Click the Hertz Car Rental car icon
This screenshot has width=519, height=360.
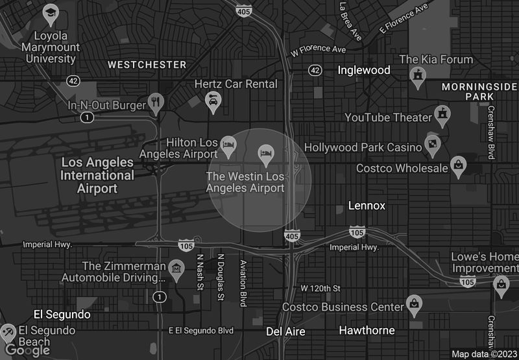pos(213,100)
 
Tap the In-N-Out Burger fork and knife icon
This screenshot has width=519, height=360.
pos(155,101)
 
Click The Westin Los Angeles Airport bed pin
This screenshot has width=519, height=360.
pos(265,153)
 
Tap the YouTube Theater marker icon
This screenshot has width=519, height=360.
pos(443,114)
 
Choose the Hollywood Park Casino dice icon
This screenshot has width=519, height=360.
pos(432,143)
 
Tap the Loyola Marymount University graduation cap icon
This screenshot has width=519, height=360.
pos(51,12)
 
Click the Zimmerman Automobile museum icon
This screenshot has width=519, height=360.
pos(175,268)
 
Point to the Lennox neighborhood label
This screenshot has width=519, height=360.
pos(367,206)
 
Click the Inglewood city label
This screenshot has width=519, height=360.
pos(364,70)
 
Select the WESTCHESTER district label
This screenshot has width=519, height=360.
pos(147,65)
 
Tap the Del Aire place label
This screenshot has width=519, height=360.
pos(285,331)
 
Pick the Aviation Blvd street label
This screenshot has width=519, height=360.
pos(244,283)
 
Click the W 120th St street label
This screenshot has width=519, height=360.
pos(320,288)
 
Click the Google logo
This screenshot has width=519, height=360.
pos(27,350)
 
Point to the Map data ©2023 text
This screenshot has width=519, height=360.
pos(483,354)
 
